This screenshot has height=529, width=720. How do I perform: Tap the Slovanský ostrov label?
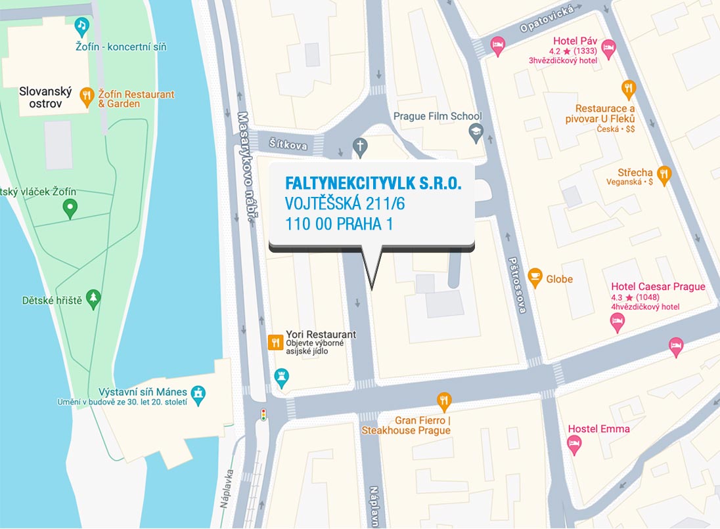click(x=45, y=98)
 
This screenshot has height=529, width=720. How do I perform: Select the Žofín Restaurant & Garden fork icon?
click(x=87, y=98)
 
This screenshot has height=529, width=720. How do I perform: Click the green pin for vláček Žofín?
click(x=70, y=209)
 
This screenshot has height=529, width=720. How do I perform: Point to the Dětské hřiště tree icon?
click(x=94, y=299)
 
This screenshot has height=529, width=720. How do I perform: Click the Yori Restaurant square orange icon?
click(x=275, y=342)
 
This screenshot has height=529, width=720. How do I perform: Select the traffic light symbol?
click(x=264, y=415)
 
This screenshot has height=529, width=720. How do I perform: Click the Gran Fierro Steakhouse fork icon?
click(x=445, y=400)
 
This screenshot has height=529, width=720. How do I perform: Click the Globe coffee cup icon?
click(x=535, y=278)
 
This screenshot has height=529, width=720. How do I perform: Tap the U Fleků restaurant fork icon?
click(x=629, y=89)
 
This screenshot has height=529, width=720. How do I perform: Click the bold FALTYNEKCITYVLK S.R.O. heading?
click(x=373, y=184)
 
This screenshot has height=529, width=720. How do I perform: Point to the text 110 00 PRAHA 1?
click(x=339, y=224)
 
